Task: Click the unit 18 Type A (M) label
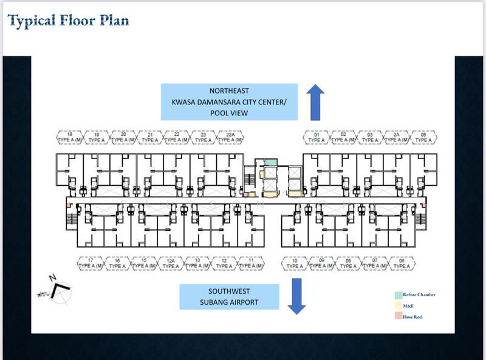click(69, 137)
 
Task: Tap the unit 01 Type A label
click(317, 137)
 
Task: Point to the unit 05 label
click(423, 137)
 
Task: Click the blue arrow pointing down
click(296, 296)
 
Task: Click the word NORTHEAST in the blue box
click(229, 91)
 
